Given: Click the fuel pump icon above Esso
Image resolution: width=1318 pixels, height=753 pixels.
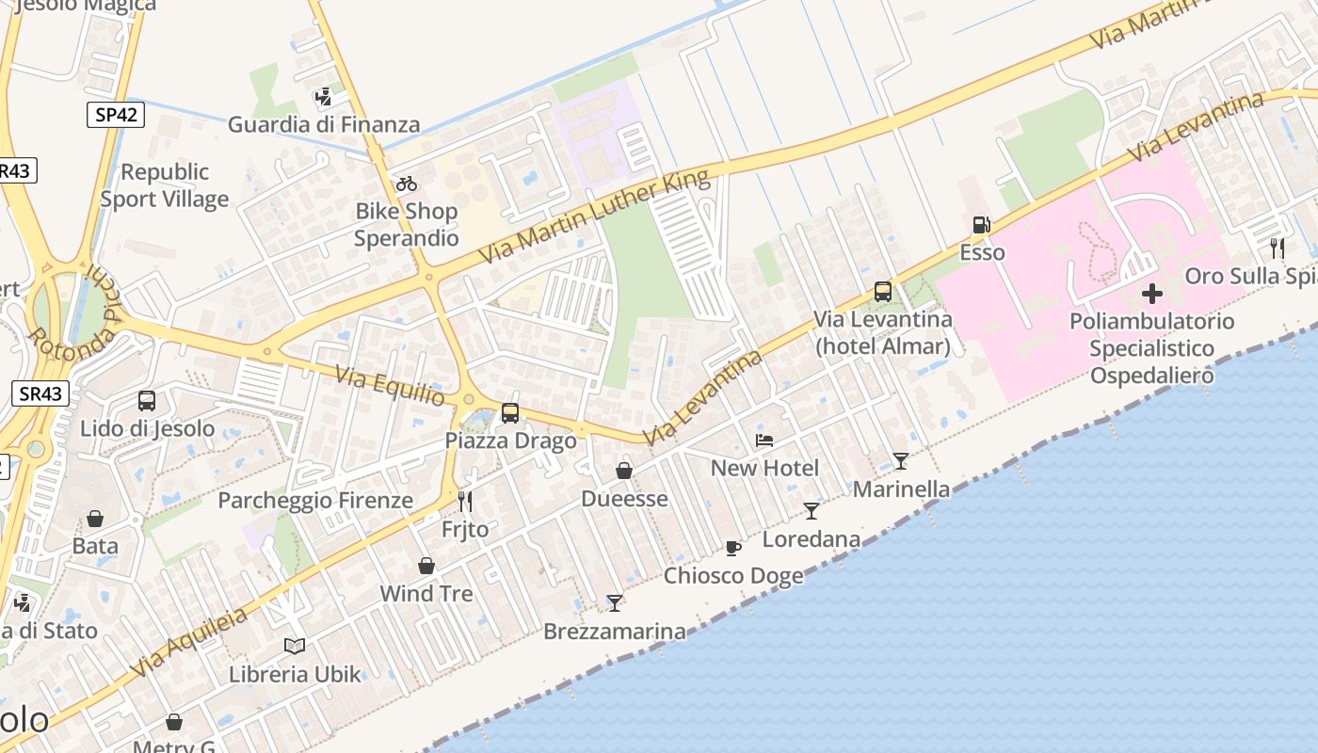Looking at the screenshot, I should (981, 225).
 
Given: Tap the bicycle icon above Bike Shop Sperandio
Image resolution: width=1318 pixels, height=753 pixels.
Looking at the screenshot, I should (407, 184).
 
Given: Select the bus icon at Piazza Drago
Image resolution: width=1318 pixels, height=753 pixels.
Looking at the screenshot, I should (510, 412).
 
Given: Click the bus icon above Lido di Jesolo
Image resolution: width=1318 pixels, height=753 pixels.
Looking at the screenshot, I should (147, 401).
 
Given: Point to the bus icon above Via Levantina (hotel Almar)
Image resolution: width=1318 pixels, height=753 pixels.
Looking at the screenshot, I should (882, 292).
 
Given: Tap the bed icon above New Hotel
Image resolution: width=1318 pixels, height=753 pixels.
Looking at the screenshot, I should (764, 441).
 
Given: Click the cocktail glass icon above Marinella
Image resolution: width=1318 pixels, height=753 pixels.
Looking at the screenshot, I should (901, 460).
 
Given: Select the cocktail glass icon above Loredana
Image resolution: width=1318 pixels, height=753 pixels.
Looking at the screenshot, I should (812, 510).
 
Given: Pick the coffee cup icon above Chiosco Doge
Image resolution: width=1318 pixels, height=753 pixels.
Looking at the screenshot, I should (733, 548).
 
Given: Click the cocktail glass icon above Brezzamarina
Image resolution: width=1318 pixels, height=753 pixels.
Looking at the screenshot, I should (615, 602).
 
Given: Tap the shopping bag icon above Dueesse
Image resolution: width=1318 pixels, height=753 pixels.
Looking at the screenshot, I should (624, 470).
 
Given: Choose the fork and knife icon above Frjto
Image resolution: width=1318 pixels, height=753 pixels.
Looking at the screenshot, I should (464, 501).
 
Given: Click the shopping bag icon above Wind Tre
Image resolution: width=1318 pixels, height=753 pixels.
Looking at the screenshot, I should (426, 566).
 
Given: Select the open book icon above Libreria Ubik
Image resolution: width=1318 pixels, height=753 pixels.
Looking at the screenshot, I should (295, 646).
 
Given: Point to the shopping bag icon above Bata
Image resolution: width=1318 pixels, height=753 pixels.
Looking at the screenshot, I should (95, 519).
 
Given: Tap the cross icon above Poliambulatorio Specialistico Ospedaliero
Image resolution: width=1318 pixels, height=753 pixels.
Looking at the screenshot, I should (1151, 293).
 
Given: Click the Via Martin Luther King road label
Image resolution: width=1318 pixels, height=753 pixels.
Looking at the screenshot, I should (595, 217).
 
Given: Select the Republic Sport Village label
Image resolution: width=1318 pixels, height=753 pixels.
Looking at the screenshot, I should (165, 185).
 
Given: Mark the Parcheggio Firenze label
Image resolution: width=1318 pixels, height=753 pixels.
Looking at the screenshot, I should (315, 500).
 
